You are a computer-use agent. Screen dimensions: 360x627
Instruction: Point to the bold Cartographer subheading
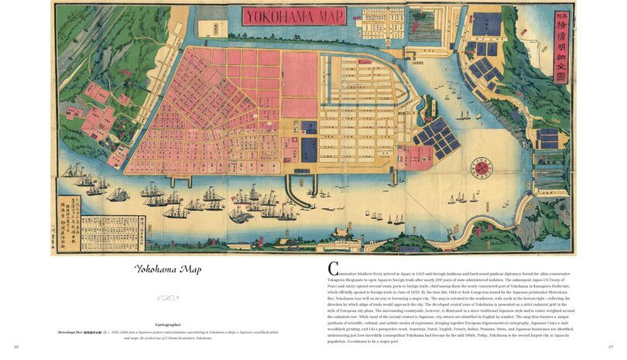pos(168,324)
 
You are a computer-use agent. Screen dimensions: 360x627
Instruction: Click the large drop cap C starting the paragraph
pos(334,267)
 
